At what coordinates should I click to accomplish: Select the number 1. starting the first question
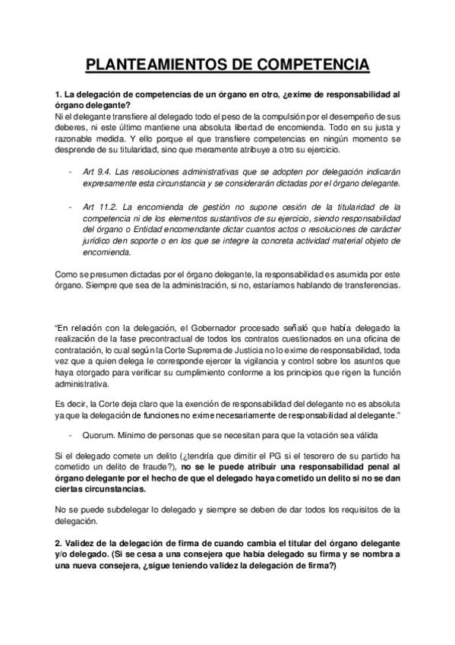point(59,95)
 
